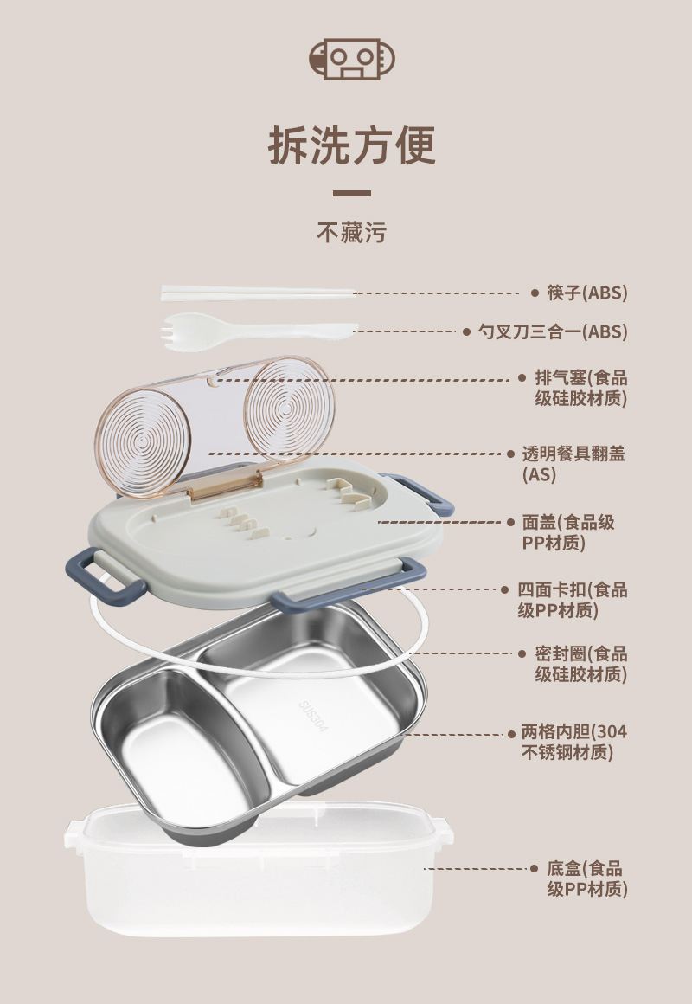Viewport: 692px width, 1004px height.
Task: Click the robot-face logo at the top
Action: tap(351, 58)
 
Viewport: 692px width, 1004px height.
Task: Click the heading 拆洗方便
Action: tap(351, 145)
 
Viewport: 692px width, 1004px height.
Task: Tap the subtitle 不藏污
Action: tap(351, 232)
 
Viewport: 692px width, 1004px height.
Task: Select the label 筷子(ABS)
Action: tap(586, 293)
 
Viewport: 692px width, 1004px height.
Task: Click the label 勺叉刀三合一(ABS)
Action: tap(553, 331)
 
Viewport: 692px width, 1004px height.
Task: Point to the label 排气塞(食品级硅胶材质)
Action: tap(580, 388)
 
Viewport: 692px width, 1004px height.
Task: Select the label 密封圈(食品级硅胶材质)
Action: tap(580, 664)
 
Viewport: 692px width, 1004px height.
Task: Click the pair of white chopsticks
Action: tap(258, 294)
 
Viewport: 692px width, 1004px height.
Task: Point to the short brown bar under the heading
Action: tap(351, 194)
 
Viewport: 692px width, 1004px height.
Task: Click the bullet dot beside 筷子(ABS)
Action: tap(535, 293)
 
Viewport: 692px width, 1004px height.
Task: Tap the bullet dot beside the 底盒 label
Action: tap(535, 868)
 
